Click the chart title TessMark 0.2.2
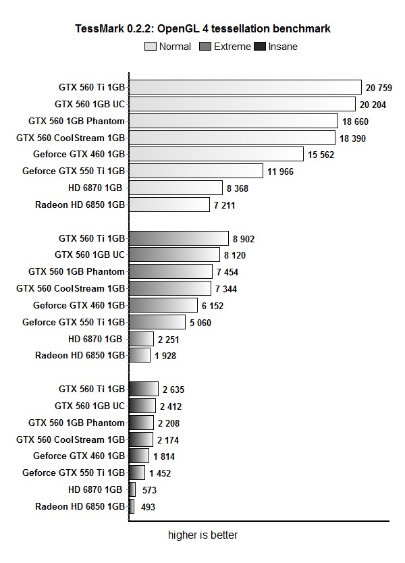[x=202, y=29]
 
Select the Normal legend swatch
[x=150, y=47]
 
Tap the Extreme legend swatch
[x=206, y=47]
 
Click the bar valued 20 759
[x=245, y=87]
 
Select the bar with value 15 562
[x=216, y=154]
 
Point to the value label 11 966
[x=281, y=171]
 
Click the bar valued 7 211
[x=169, y=205]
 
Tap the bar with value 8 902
[x=179, y=238]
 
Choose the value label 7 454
[x=227, y=272]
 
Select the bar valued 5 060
[x=157, y=322]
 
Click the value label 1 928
[x=165, y=356]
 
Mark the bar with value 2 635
[x=144, y=389]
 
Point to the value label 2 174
[x=169, y=440]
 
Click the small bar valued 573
[x=132, y=489]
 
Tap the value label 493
[x=148, y=506]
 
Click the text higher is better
[x=202, y=535]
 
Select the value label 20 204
[x=373, y=105]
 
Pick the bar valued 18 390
[x=232, y=138]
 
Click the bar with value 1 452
[x=137, y=473]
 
